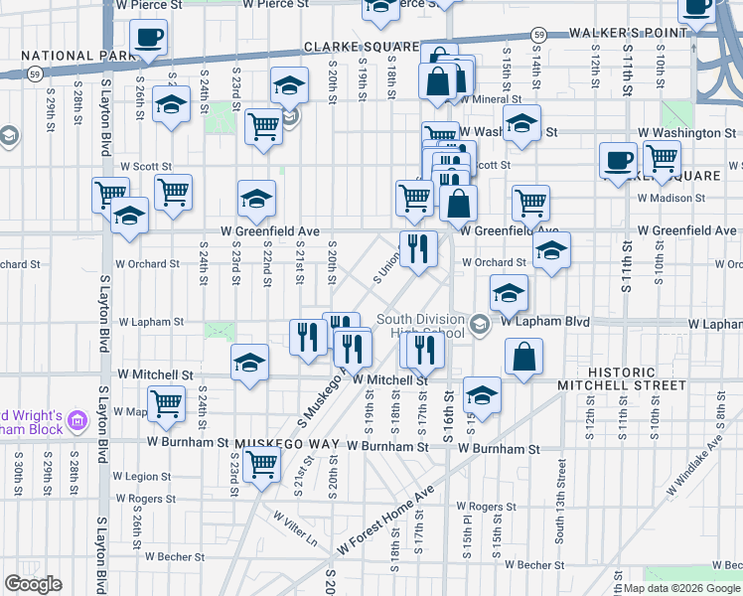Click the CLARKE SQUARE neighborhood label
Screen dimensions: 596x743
click(x=362, y=47)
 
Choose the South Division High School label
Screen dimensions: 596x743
click(x=420, y=327)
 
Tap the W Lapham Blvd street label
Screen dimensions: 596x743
click(x=545, y=322)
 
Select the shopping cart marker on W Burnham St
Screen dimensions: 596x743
click(x=262, y=464)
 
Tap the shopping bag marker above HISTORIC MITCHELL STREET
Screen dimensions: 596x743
click(x=524, y=355)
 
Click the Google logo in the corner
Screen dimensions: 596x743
click(x=33, y=584)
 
